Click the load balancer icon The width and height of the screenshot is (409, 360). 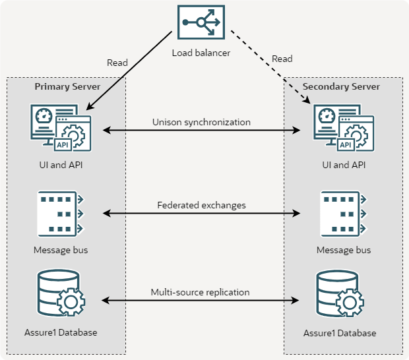201,25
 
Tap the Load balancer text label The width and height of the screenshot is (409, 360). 201,53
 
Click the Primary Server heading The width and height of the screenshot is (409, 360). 67,86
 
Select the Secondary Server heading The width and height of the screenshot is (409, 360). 341,86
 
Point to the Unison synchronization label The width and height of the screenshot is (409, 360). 201,122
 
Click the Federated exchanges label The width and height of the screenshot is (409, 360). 201,205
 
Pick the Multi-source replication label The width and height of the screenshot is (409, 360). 201,292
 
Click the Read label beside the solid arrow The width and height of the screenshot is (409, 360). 117,63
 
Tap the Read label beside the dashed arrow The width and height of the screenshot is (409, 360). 282,59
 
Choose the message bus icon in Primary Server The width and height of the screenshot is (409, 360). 60,213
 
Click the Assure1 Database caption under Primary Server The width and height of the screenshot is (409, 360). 65,332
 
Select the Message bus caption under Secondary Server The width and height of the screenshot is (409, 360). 344,251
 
